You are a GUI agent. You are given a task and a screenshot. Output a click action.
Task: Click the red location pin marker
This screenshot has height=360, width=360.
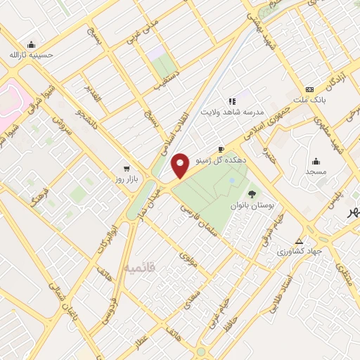pyautogui.click(x=181, y=165)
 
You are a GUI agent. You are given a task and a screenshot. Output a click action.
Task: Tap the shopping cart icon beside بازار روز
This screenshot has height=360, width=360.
pyautogui.click(x=126, y=169)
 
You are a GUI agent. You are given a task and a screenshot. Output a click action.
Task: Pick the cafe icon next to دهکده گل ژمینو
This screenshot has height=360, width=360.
pyautogui.click(x=221, y=150)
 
